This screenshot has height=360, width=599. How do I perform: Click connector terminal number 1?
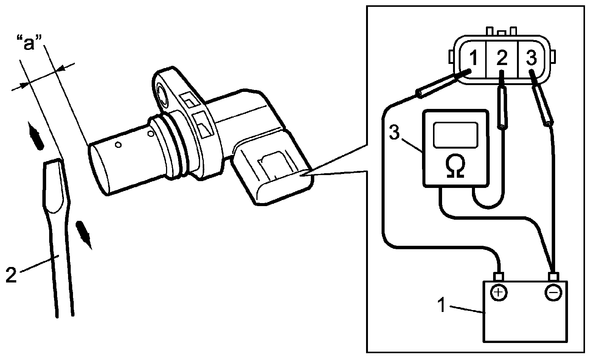(473, 59)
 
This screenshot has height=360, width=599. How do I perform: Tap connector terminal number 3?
(531, 58)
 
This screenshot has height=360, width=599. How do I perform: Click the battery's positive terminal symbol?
(499, 292)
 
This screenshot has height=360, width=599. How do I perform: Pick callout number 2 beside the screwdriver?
(11, 275)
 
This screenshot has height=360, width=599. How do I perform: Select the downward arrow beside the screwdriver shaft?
(84, 234)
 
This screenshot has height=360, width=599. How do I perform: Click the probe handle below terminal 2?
(502, 108)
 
